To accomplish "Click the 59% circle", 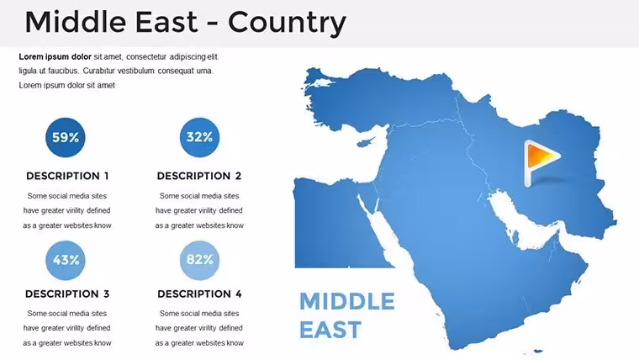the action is (x=66, y=137).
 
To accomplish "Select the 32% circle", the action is (x=199, y=137).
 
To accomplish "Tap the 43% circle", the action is (x=66, y=260).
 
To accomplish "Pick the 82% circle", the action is (x=199, y=260).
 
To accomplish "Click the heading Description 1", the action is (x=67, y=176).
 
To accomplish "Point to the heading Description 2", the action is (x=199, y=176).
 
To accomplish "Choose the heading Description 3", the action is (x=67, y=294).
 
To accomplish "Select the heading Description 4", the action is (x=199, y=294).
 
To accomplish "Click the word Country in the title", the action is (x=287, y=23).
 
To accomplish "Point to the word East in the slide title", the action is (x=166, y=22).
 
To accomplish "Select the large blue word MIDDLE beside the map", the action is (x=347, y=302).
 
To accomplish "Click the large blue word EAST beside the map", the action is (x=330, y=330).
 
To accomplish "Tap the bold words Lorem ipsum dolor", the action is (x=55, y=56).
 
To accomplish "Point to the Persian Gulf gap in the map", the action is (x=520, y=220).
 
